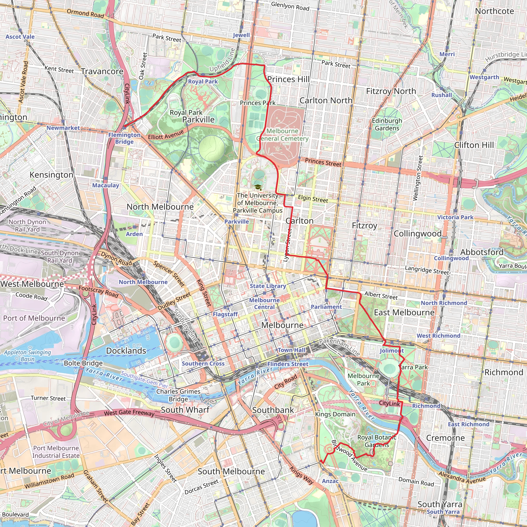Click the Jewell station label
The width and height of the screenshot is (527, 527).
pyautogui.click(x=241, y=35)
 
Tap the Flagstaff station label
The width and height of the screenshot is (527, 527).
pyautogui.click(x=225, y=314)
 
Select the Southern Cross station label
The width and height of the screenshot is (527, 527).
pyautogui.click(x=203, y=364)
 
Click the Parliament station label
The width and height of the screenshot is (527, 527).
pyautogui.click(x=326, y=307)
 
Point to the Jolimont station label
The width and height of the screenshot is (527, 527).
pyautogui.click(x=392, y=351)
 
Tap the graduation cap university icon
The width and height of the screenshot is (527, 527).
pyautogui.click(x=258, y=187)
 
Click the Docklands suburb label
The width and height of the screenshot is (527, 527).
pyautogui.click(x=126, y=351)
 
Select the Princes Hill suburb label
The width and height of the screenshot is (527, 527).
pyautogui.click(x=288, y=79)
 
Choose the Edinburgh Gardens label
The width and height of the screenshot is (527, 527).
pyautogui.click(x=387, y=124)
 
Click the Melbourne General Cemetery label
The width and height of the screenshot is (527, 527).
pyautogui.click(x=282, y=135)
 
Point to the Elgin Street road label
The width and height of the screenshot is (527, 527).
pyautogui.click(x=313, y=199)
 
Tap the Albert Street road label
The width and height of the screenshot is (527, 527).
pyautogui.click(x=381, y=295)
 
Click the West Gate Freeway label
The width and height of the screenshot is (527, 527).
pyautogui.click(x=129, y=413)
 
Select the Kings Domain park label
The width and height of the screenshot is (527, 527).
pyautogui.click(x=335, y=414)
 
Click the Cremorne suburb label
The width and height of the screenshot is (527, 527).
pyautogui.click(x=445, y=438)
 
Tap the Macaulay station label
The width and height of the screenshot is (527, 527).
pyautogui.click(x=106, y=186)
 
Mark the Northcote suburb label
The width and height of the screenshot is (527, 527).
pyautogui.click(x=494, y=11)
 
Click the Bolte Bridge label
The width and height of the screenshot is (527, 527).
pyautogui.click(x=83, y=363)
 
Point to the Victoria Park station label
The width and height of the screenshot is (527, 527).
pyautogui.click(x=455, y=217)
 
